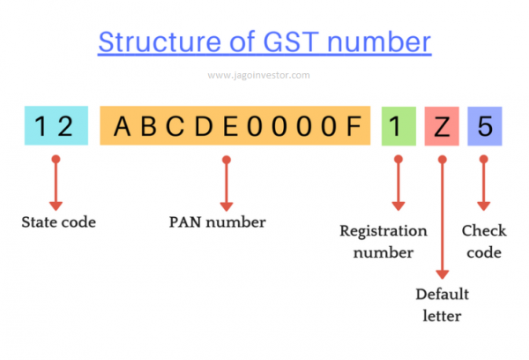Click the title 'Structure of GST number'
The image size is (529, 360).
(264, 42)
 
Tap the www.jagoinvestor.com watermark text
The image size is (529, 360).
(258, 75)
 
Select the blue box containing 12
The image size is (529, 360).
(56, 126)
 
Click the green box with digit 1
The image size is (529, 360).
(396, 126)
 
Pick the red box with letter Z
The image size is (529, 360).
(442, 126)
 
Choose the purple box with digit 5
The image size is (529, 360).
(483, 126)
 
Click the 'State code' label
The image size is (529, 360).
(58, 222)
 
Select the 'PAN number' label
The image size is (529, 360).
(217, 222)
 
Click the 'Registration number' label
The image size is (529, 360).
(384, 242)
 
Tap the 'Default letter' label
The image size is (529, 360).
(443, 303)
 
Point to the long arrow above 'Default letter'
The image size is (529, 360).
(442, 221)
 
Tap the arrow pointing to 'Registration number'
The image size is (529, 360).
(396, 184)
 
